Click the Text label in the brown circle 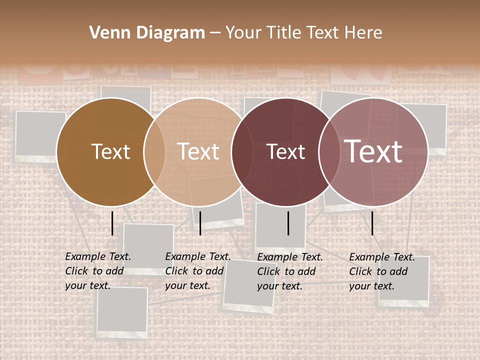[x=110, y=151]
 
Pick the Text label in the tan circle [x=198, y=151]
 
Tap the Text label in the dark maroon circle [x=286, y=151]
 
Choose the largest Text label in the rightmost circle [x=373, y=151]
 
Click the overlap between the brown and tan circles [x=154, y=151]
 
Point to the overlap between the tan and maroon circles [x=242, y=151]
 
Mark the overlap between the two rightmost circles [x=329, y=151]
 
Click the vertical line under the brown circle [x=112, y=223]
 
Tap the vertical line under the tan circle [x=200, y=223]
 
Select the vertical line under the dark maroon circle [x=288, y=223]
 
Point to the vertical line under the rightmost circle [x=372, y=223]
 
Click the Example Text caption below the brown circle [x=98, y=271]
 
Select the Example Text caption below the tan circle [x=198, y=271]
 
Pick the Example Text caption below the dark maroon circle [x=290, y=271]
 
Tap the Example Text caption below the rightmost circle [x=382, y=271]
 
